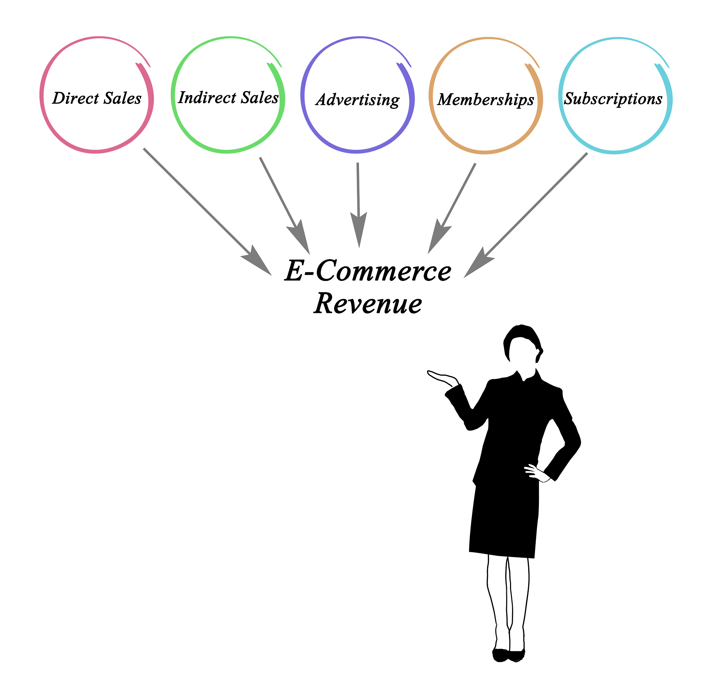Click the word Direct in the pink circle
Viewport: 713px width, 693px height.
76,98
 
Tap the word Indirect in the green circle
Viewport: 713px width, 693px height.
207,98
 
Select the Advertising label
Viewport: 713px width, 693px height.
358,100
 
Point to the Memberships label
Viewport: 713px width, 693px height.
486,100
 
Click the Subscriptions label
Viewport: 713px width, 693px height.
613,99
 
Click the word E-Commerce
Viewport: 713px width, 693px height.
368,271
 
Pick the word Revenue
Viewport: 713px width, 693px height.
368,303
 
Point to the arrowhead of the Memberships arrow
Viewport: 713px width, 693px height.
439,236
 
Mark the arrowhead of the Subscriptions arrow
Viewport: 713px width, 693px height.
478,263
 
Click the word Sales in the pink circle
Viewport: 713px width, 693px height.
123,98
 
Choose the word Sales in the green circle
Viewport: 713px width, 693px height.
260,98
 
